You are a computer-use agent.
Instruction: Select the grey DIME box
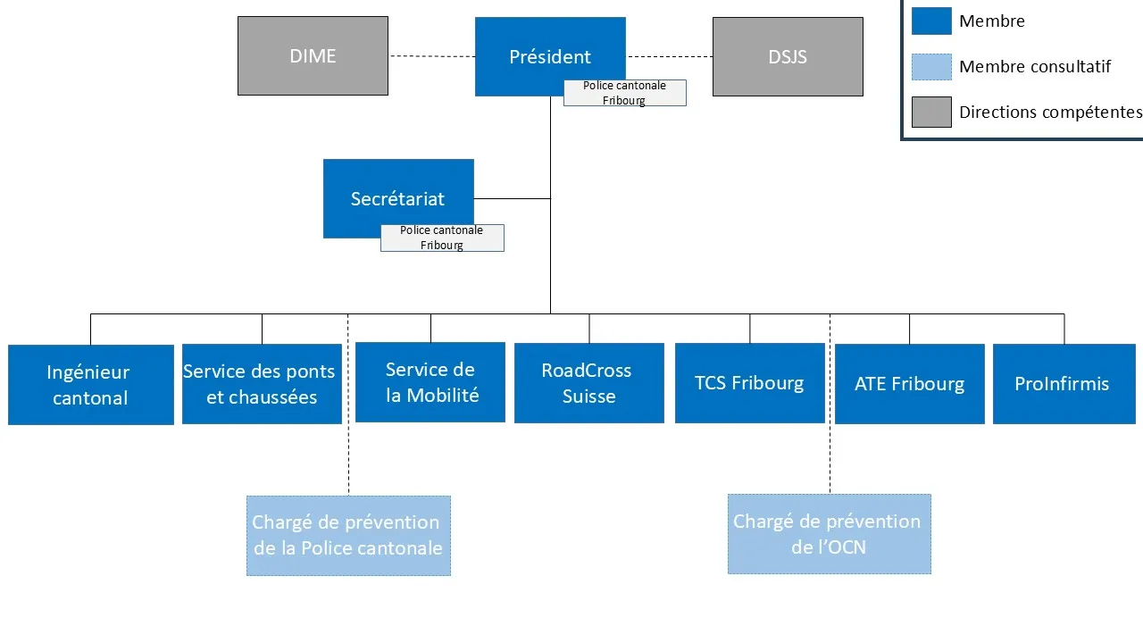313,55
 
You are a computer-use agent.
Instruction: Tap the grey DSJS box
788,56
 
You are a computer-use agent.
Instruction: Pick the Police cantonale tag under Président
625,93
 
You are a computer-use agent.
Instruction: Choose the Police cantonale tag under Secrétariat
442,238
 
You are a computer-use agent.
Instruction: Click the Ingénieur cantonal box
90,385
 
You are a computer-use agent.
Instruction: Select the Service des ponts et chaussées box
262,384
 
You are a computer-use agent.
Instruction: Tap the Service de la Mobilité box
430,382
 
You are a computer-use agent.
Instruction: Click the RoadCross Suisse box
589,383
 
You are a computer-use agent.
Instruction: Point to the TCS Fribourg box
749,383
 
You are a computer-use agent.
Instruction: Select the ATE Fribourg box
909,384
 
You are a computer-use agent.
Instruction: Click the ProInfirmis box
1064,384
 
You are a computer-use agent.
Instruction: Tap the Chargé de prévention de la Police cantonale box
348,536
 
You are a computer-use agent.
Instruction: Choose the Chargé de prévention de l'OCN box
829,534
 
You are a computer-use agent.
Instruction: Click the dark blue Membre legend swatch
931,21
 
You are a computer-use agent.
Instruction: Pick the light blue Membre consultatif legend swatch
931,66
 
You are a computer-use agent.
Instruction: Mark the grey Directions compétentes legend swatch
931,113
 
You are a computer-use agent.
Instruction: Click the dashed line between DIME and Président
432,56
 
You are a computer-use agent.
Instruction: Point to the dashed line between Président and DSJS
670,56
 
